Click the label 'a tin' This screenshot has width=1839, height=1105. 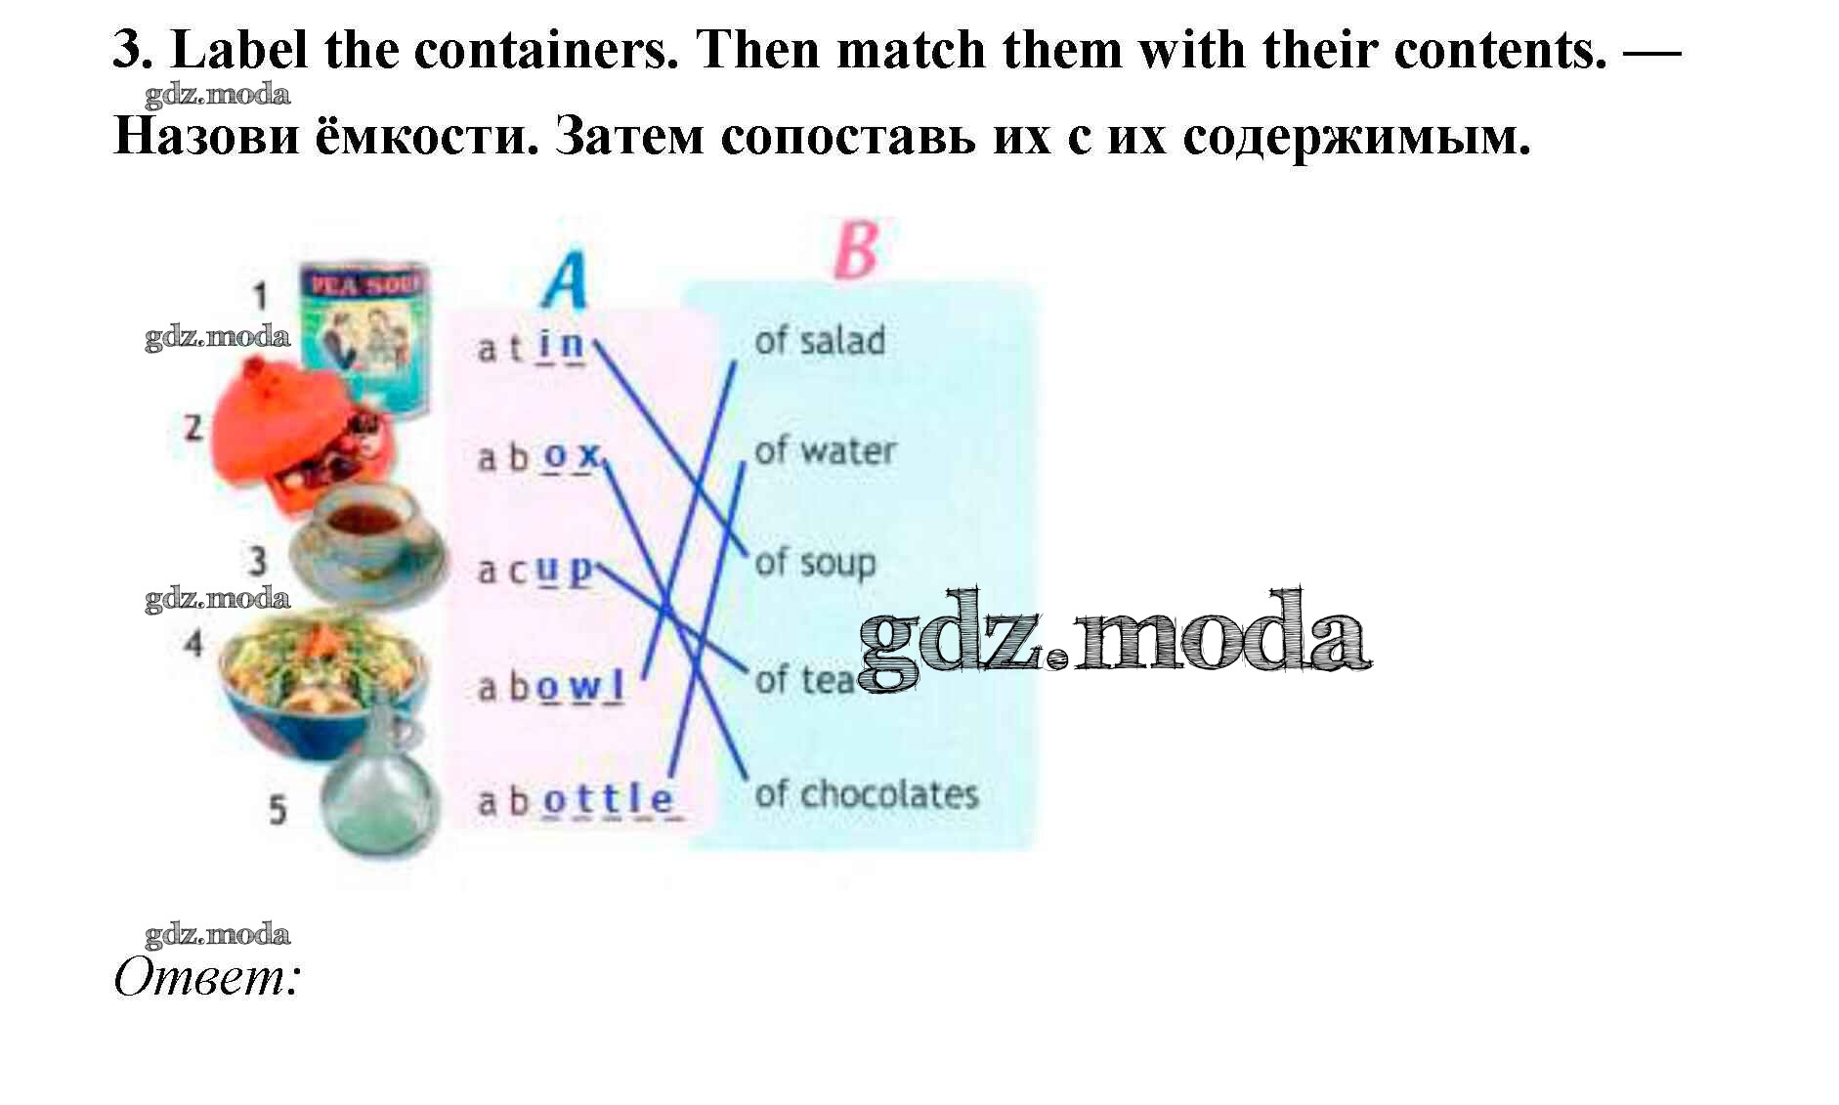coord(531,346)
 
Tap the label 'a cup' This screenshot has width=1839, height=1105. coord(535,570)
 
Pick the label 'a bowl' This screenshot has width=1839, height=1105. coord(550,687)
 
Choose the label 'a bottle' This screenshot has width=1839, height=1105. coord(576,801)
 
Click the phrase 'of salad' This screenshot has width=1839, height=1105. coord(819,341)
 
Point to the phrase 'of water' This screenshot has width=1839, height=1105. coord(825,450)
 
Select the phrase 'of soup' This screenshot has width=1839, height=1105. coord(815,564)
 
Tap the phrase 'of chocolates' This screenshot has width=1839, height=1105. coord(866,794)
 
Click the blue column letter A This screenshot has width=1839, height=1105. coord(565,280)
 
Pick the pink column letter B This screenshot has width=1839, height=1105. coord(856,250)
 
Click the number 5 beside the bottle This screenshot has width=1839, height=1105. coord(278,809)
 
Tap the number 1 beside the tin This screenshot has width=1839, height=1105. coord(260,294)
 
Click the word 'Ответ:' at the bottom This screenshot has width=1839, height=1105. coord(206,976)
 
